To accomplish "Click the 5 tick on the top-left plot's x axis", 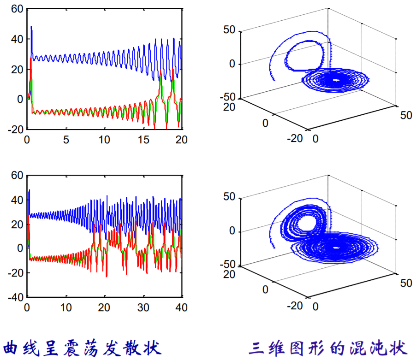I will pos(66,139).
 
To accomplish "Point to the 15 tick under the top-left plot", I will pos(144,139).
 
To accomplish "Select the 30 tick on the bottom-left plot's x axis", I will pos(144,307).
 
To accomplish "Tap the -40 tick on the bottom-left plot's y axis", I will pos(16,297).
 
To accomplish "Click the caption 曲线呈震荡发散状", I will pos(83,347).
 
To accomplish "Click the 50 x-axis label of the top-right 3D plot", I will pos(406,115).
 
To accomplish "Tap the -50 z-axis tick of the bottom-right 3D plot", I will pos(227,265).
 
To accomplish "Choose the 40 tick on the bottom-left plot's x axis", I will pos(182,307).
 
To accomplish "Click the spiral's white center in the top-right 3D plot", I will pos(336,80).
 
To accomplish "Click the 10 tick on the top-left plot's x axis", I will pos(105,139).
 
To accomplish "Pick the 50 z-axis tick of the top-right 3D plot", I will pos(230,30).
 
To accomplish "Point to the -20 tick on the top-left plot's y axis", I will pos(16,130).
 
